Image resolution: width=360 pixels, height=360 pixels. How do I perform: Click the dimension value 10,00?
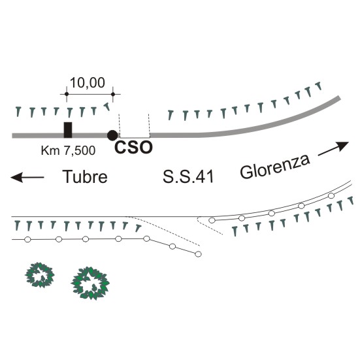(88, 83)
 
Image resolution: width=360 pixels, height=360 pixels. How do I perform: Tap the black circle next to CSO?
(112, 135)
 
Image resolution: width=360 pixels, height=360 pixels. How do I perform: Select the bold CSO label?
(133, 148)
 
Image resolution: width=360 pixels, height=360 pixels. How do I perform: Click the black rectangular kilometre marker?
(68, 130)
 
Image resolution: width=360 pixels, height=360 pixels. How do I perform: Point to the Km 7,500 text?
(68, 151)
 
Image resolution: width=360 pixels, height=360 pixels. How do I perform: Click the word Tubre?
(85, 177)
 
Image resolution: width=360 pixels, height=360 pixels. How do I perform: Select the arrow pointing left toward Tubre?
(27, 177)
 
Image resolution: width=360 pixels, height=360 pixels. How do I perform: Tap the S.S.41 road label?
(188, 177)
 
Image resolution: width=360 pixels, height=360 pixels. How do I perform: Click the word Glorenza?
(275, 167)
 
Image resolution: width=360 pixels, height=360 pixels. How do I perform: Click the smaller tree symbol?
(40, 275)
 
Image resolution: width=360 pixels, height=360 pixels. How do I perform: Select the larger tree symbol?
(90, 283)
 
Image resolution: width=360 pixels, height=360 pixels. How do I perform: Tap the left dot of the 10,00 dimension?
(67, 94)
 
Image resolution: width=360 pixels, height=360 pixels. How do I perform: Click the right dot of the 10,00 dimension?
(113, 94)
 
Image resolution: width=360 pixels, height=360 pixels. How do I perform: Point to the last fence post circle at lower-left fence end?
(198, 254)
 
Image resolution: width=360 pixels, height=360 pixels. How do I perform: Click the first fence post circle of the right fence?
(212, 220)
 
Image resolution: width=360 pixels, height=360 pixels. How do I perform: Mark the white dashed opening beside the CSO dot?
(135, 126)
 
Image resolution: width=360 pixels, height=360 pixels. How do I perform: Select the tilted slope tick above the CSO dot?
(107, 106)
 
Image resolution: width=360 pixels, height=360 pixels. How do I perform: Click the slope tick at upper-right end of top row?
(318, 86)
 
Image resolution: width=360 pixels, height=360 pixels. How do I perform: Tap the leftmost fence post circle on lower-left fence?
(27, 240)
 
